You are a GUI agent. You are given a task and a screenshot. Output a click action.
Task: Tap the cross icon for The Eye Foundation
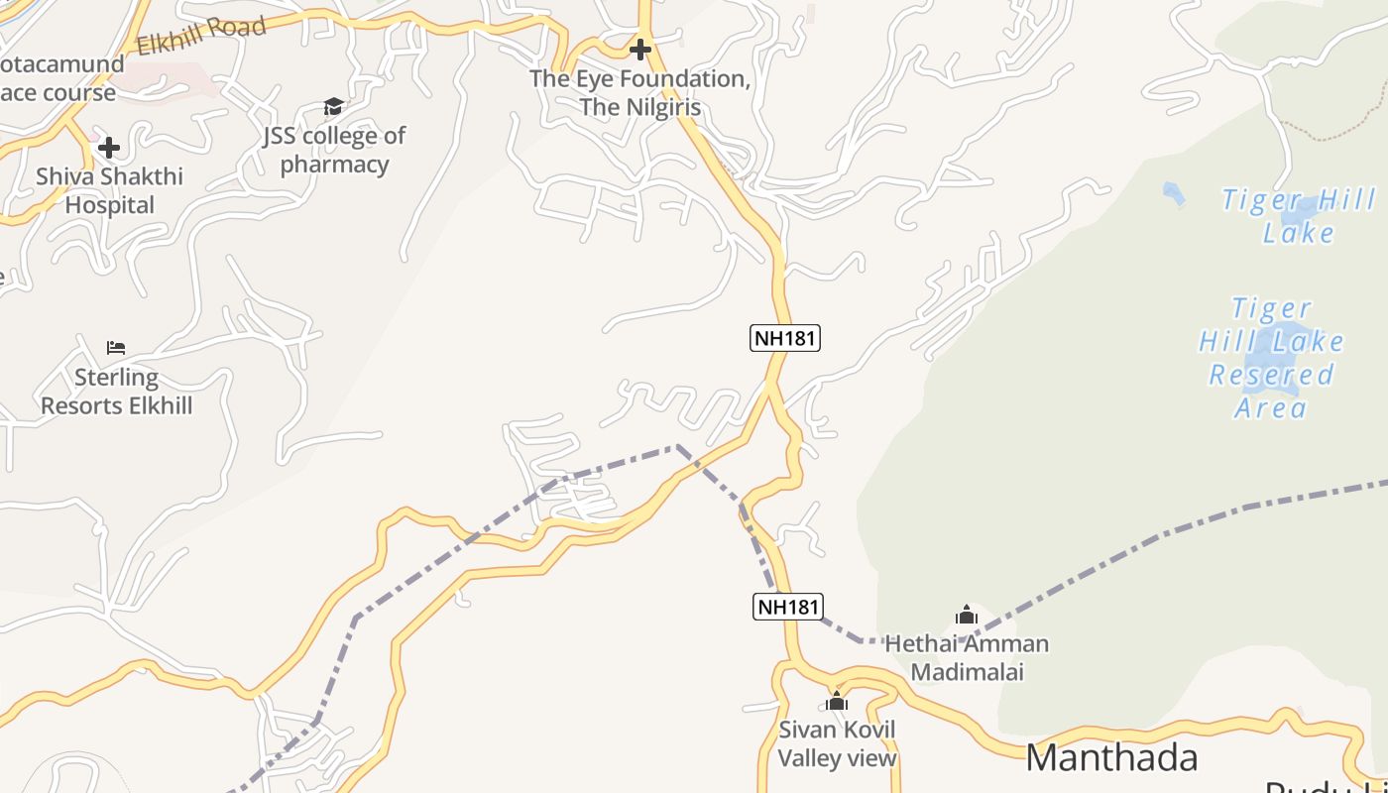pos(640,49)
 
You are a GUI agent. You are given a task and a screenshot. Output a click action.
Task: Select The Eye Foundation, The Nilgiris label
pos(639,92)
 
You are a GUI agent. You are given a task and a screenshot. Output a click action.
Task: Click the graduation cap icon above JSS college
pos(333,106)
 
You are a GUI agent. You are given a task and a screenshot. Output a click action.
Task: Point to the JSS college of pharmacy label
pos(334,150)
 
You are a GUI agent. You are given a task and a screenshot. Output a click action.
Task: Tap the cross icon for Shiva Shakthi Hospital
pos(109,148)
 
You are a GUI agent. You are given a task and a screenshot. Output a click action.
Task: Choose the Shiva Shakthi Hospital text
pos(110,191)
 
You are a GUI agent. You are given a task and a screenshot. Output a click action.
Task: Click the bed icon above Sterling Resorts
pos(116,348)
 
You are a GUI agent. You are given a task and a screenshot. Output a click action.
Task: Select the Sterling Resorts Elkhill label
pos(117,392)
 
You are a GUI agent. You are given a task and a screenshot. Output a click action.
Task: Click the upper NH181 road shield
pos(784,338)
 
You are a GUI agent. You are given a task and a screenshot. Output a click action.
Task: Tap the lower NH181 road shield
pos(788,606)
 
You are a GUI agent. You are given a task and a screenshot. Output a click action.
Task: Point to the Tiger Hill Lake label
pos(1299,216)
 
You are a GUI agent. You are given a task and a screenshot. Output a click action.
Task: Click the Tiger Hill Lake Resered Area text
pos(1271,358)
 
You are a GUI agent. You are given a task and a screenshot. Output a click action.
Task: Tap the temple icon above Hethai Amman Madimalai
pos(967,616)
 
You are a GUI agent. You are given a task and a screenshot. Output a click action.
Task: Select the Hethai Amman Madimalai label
pos(967,657)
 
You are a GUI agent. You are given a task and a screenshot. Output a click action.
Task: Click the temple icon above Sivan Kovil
pos(837,702)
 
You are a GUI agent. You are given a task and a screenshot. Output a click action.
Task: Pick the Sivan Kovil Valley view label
pos(837,744)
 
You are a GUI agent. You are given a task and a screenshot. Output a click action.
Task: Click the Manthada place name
pos(1111,758)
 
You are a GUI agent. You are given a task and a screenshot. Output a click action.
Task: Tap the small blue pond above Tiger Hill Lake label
pos(1174,193)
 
